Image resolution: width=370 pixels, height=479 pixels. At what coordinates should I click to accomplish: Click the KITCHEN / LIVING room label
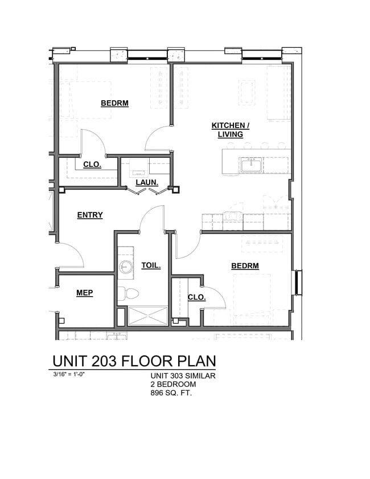pos(230,130)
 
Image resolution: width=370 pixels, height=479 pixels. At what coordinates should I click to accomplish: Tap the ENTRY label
pos(90,215)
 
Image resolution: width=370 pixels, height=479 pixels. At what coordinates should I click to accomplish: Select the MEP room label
pos(84,293)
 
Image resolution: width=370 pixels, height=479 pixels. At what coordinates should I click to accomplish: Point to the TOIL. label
pos(151,265)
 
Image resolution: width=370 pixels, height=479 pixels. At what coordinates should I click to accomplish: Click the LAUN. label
pos(146,183)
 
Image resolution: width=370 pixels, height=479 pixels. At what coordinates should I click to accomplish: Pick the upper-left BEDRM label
pos(114,103)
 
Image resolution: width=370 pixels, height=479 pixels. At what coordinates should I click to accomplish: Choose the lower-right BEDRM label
pos(245,265)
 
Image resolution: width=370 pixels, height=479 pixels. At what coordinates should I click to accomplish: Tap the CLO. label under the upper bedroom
pos(92,165)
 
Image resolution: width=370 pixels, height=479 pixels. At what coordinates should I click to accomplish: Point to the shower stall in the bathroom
pos(147,316)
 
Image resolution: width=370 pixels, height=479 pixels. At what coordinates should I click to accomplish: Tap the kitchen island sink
pos(250,165)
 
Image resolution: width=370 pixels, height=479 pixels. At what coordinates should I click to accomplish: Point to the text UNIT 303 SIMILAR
pos(183,375)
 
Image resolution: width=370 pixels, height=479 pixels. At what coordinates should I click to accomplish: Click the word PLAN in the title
pos(192,361)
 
